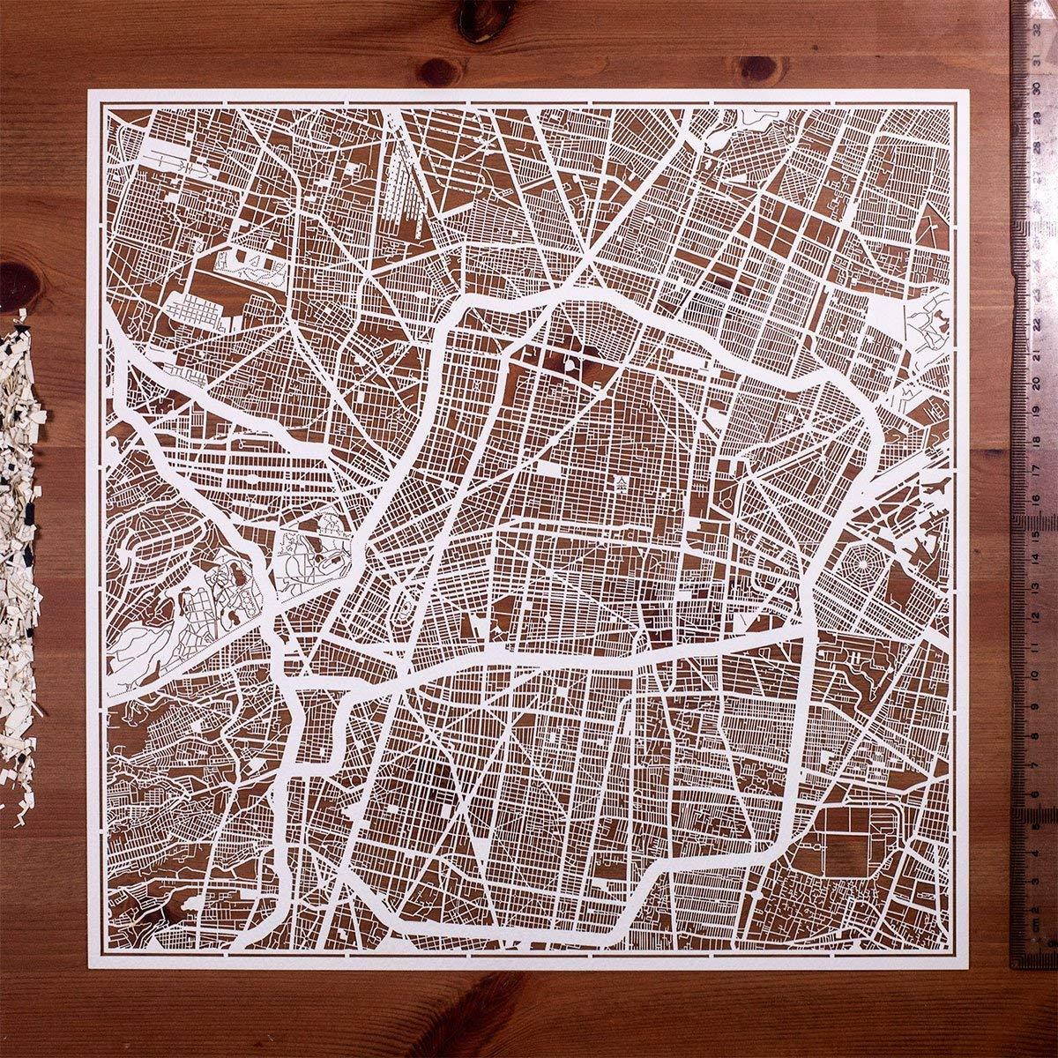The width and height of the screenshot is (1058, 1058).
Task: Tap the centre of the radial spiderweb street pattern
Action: [x=863, y=561]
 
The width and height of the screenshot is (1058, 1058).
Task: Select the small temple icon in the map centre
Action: [x=622, y=481]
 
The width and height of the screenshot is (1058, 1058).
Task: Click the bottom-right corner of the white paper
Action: [x=968, y=970]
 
